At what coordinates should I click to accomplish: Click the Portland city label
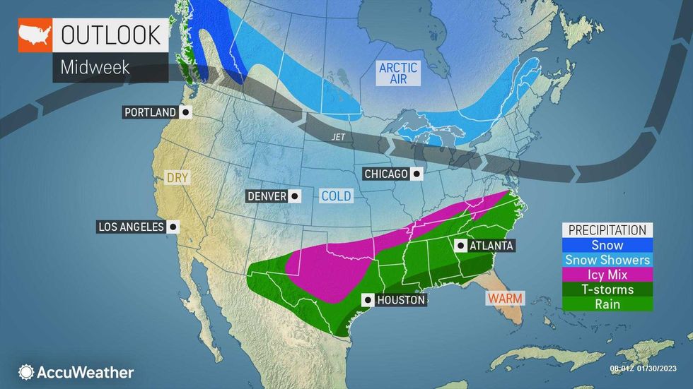[150, 112]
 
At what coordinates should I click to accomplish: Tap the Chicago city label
[386, 174]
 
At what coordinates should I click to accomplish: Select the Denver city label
[267, 196]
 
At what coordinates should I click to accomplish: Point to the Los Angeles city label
[130, 227]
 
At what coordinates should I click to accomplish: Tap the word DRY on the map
[177, 178]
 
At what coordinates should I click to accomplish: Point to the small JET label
[338, 138]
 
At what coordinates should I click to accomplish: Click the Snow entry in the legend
[607, 245]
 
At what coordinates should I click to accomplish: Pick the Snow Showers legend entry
[607, 260]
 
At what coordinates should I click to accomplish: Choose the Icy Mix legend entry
[607, 275]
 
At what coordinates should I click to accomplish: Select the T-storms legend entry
[607, 289]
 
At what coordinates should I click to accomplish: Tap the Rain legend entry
[607, 304]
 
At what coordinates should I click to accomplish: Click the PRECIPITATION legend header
[607, 230]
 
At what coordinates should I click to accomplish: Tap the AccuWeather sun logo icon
[27, 372]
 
